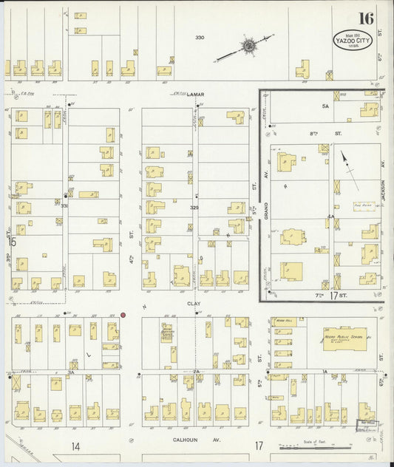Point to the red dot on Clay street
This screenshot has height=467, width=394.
123,315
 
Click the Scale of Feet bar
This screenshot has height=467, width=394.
313,446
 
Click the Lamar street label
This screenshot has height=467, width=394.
195,95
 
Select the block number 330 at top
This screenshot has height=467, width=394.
199,37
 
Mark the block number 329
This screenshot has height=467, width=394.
194,209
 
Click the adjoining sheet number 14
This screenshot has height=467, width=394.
75,446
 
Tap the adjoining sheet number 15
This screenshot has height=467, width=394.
11,242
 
